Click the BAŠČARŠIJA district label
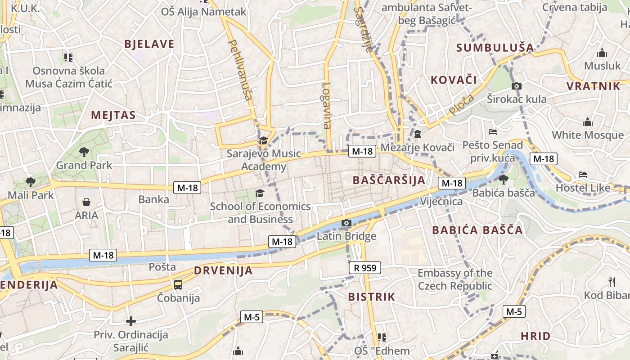coord(389,180)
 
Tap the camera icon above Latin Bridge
coord(346,223)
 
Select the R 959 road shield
coord(365,268)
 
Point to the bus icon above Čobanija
coord(178,284)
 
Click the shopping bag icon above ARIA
coord(86,202)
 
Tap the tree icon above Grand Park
coord(84,152)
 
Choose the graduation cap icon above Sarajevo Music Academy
coord(263,140)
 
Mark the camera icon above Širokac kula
coord(517,86)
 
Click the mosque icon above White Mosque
coord(587,122)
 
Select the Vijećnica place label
coord(441,201)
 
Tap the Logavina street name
coord(327,105)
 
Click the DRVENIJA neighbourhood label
coord(223,271)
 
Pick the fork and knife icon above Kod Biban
coord(612,282)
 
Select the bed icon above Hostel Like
coord(583,174)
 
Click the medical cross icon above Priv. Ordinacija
coord(131,321)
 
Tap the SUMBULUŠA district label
coord(495,48)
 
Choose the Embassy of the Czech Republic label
coord(455,279)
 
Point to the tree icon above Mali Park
coord(31,182)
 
